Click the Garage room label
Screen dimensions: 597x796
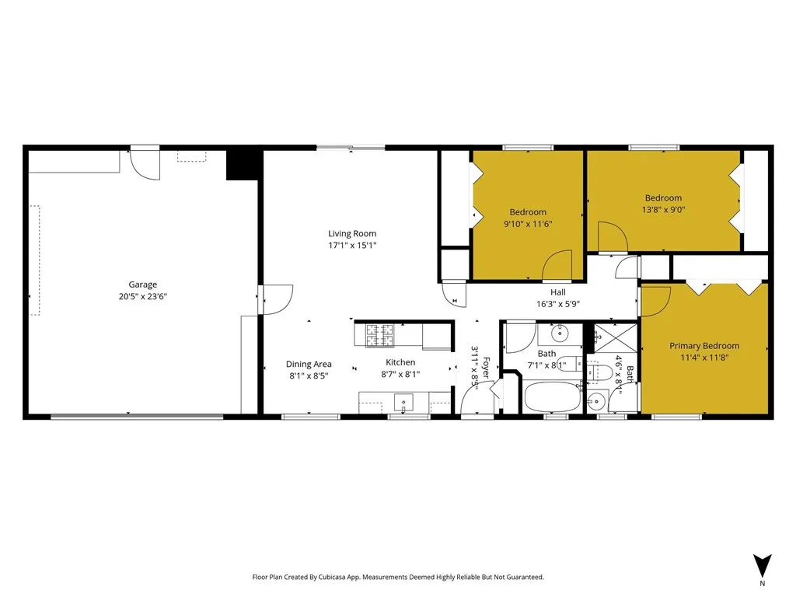[142, 285]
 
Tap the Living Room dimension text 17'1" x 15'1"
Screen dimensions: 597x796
[352, 246]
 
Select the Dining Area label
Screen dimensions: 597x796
[309, 364]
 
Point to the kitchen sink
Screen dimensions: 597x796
[403, 403]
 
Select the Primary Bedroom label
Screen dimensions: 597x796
[704, 346]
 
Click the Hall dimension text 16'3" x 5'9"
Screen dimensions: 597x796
[558, 305]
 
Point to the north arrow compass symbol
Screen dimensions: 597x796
[762, 565]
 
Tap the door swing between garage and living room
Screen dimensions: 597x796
[277, 297]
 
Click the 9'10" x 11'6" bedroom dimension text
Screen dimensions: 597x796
[528, 224]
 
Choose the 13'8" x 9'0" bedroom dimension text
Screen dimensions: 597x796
[663, 209]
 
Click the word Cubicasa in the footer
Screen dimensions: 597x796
[343, 578]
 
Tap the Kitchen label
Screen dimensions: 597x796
[401, 362]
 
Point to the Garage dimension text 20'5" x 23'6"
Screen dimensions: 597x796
[142, 296]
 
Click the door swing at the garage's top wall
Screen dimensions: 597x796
[145, 165]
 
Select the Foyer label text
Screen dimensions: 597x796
[487, 366]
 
